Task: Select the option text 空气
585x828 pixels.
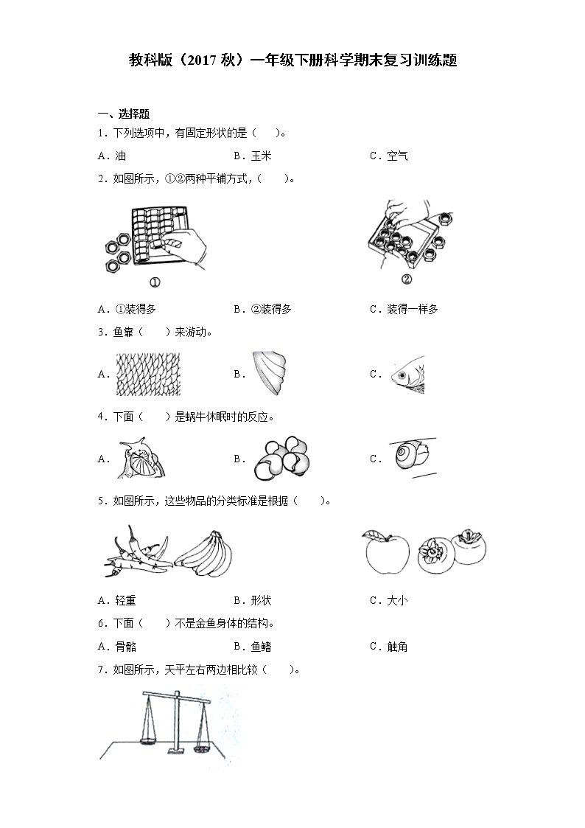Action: (x=398, y=156)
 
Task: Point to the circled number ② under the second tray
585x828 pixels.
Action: (x=407, y=279)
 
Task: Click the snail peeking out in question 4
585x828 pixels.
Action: (x=140, y=459)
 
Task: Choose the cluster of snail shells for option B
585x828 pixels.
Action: (x=281, y=458)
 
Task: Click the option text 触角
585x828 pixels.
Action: (x=398, y=647)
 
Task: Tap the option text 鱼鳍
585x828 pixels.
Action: (x=262, y=647)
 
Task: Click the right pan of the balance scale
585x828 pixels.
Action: (x=203, y=748)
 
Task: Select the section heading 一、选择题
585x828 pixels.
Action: (x=124, y=114)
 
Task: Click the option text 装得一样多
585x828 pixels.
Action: (x=413, y=310)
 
